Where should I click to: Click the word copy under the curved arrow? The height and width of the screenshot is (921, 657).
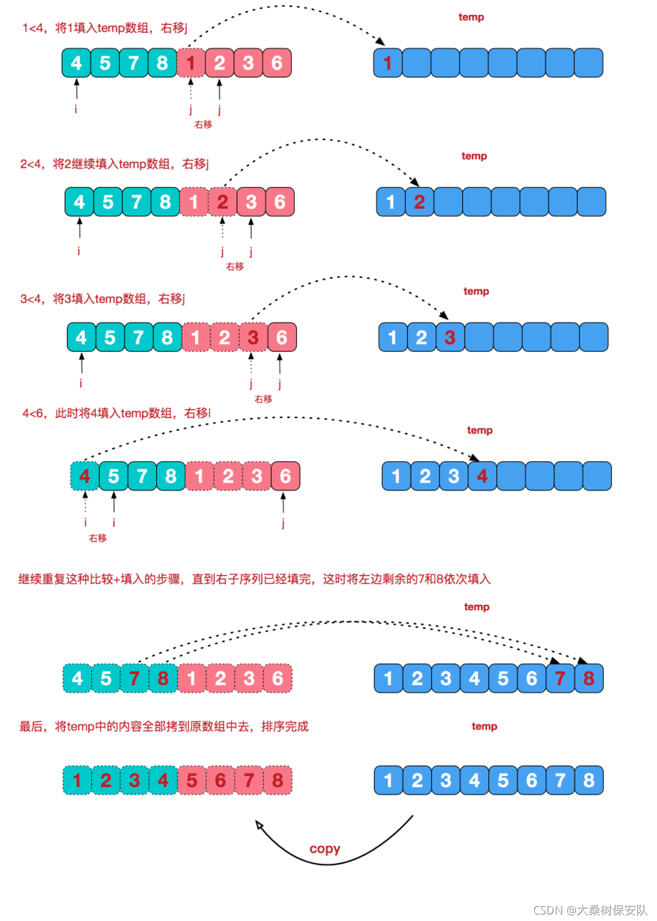pos(324,848)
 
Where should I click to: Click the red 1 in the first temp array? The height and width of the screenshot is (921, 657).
pos(388,63)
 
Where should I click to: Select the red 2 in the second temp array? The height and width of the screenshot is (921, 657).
pos(419,202)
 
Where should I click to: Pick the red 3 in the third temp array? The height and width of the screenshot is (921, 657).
pos(450,338)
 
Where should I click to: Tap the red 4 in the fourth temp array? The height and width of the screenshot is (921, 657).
pos(482,476)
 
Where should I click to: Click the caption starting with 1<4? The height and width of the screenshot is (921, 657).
pos(105,28)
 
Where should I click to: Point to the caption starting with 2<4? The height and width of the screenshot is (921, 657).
pos(114,164)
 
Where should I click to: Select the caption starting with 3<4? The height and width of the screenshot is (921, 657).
pos(103,299)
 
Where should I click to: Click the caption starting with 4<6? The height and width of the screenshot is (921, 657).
pos(117,413)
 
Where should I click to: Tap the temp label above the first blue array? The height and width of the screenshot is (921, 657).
pos(471,17)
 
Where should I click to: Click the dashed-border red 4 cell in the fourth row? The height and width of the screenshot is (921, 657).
pos(85,476)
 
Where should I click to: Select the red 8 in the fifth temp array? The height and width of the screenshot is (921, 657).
pos(588,678)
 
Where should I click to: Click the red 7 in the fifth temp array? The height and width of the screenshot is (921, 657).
pos(560,678)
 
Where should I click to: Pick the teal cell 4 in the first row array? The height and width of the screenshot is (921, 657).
pos(76,63)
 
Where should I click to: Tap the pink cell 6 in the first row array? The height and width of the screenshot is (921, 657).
pos(277,63)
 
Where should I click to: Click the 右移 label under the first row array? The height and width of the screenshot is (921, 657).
pos(203,125)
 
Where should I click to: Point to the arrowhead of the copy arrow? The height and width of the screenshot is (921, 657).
pos(259,825)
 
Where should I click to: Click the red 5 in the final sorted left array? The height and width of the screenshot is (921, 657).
pos(191,780)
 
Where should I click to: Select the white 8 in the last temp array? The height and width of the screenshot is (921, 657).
pos(588,780)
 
